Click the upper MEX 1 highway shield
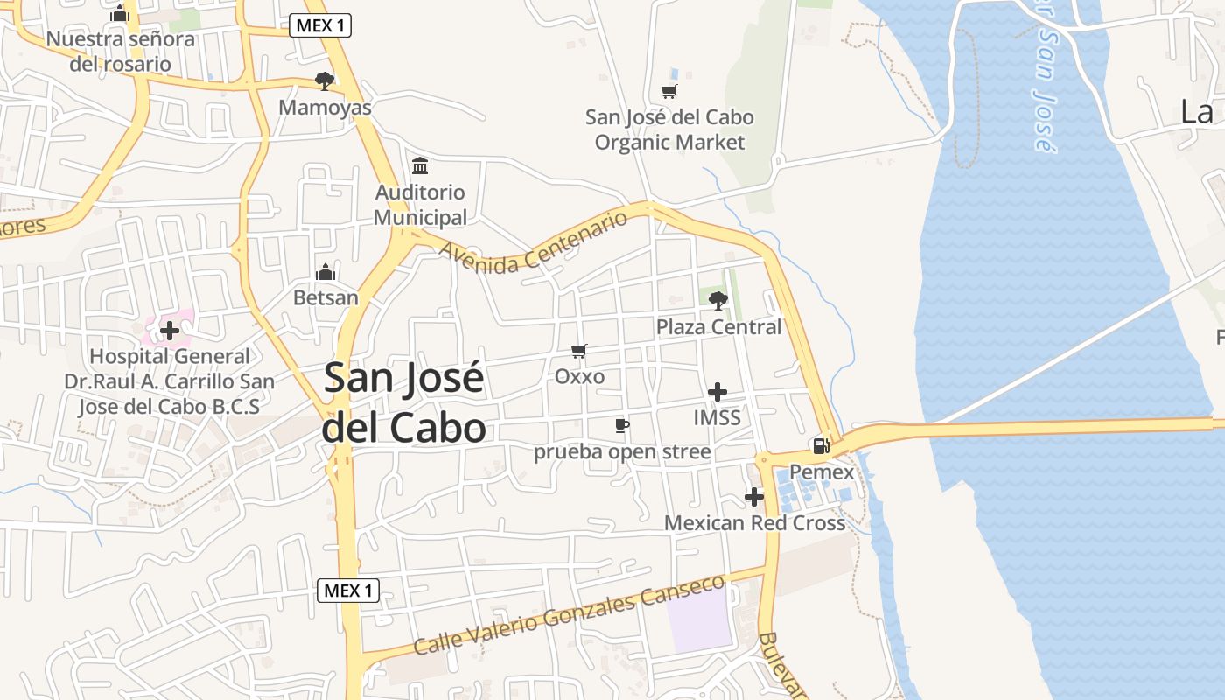pyautogui.click(x=320, y=25)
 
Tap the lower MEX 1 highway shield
pyautogui.click(x=347, y=591)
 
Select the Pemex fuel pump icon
pyautogui.click(x=821, y=445)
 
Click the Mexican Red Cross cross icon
pyautogui.click(x=754, y=497)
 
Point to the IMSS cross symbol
pyautogui.click(x=717, y=391)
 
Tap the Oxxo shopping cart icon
pyautogui.click(x=578, y=351)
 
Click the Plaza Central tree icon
pyautogui.click(x=718, y=300)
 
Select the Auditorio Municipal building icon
pyautogui.click(x=420, y=165)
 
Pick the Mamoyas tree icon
pyautogui.click(x=325, y=81)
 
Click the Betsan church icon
pyautogui.click(x=325, y=271)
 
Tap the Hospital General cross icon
pyautogui.click(x=170, y=330)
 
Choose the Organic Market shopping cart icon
pyautogui.click(x=669, y=91)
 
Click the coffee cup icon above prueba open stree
pyautogui.click(x=622, y=425)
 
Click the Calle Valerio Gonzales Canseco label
pyautogui.click(x=569, y=614)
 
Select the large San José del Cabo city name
pyautogui.click(x=404, y=402)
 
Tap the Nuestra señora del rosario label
pyautogui.click(x=121, y=52)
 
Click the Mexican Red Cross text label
pyautogui.click(x=754, y=523)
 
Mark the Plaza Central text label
pyautogui.click(x=718, y=326)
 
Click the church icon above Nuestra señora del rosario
pyautogui.click(x=121, y=13)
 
